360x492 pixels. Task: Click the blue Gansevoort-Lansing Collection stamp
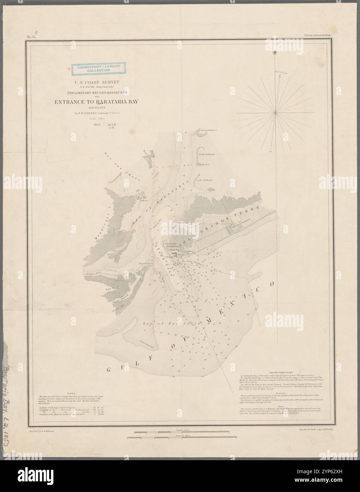click(94, 69)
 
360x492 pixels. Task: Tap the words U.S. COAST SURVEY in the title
click(94, 82)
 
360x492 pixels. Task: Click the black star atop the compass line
click(275, 53)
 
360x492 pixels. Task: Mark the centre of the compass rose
click(275, 112)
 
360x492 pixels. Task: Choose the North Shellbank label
click(206, 155)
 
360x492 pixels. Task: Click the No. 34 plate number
click(31, 36)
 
